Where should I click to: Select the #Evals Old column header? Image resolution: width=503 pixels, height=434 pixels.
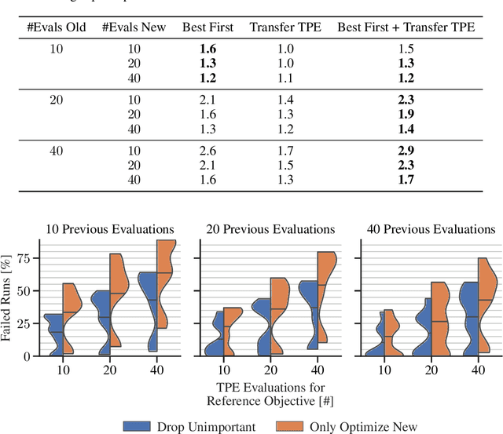(57, 27)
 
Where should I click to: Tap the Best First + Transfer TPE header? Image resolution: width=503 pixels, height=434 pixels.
(406, 27)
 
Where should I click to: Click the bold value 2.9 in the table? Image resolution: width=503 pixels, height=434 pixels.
(406, 150)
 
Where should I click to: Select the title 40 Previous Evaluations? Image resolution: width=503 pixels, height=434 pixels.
(431, 229)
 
